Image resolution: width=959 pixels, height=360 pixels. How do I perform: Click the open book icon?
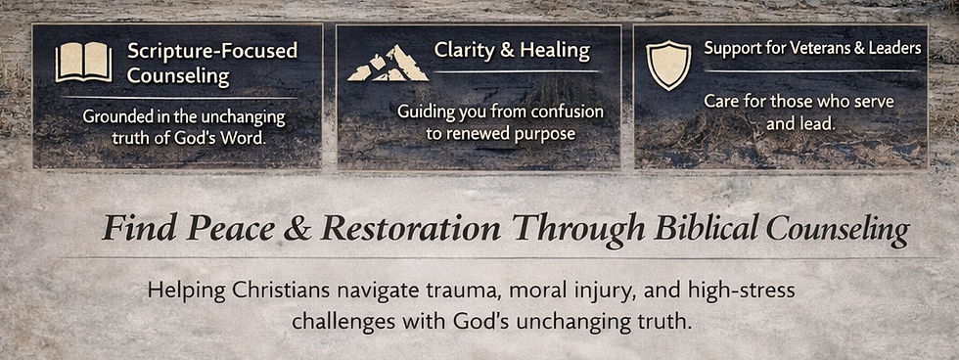pos(83,63)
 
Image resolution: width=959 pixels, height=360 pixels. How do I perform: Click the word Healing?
pos(558,49)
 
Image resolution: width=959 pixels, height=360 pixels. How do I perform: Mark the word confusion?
pos(563,111)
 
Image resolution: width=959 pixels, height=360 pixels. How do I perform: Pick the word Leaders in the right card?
pos(894,47)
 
